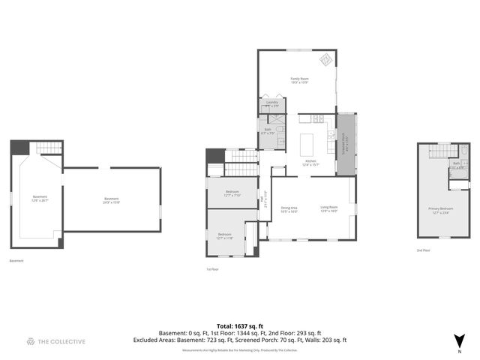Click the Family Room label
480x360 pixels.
pyautogui.click(x=300, y=79)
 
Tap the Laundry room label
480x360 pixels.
pyautogui.click(x=271, y=103)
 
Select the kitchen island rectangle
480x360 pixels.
pyautogui.click(x=306, y=143)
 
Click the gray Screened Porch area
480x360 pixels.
pyautogui.click(x=346, y=144)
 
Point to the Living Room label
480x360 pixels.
pyautogui.click(x=329, y=209)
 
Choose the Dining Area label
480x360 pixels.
pyautogui.click(x=289, y=209)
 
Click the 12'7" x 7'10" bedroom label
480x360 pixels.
pyautogui.click(x=232, y=193)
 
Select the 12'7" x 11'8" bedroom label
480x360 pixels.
pyautogui.click(x=225, y=235)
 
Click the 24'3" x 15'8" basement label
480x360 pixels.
pyautogui.click(x=112, y=199)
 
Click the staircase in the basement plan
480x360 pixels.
pyautogui.click(x=49, y=148)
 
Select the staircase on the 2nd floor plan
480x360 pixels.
pyautogui.click(x=439, y=153)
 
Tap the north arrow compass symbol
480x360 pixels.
pyautogui.click(x=459, y=341)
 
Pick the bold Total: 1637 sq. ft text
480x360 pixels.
pyautogui.click(x=240, y=325)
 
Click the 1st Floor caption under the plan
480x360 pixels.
pyautogui.click(x=212, y=268)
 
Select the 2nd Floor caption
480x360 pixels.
pyautogui.click(x=424, y=250)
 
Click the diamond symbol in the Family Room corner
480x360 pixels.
pyautogui.click(x=326, y=60)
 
